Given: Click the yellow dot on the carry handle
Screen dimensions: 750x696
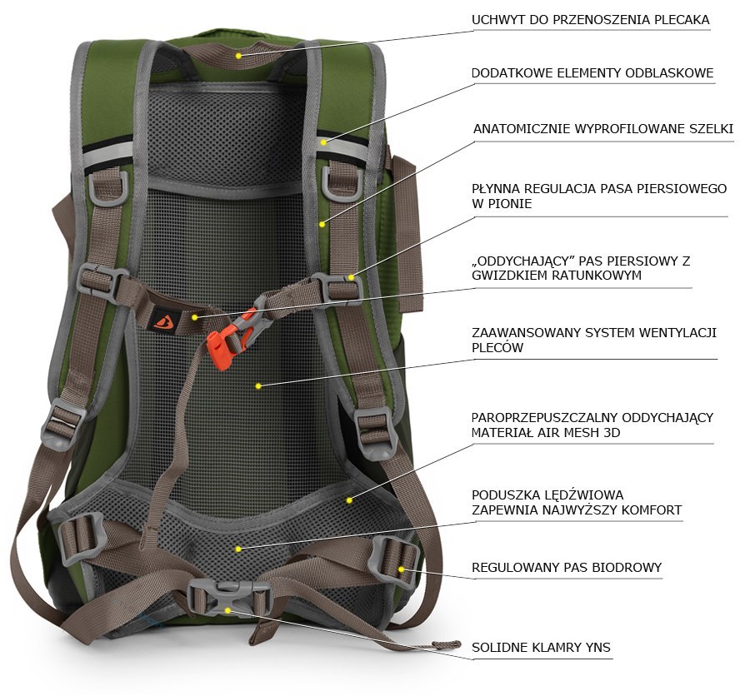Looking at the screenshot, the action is (238, 56).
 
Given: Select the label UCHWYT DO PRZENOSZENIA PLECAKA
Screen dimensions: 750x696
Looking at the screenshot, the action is (590, 20).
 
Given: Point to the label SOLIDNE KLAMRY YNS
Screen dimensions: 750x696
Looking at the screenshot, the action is (541, 647).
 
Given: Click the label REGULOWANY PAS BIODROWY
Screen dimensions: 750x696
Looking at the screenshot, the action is (567, 568).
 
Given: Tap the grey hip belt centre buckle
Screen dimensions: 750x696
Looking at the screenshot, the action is (228, 598).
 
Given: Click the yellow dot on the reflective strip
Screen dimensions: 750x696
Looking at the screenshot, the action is (324, 142).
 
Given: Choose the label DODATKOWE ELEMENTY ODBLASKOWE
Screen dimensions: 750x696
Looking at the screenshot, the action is (592, 72).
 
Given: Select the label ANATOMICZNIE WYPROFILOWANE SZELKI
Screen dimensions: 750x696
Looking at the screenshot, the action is (603, 128).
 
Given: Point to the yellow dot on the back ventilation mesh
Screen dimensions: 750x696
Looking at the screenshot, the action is (258, 385).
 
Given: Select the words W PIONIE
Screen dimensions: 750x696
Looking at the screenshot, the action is (502, 204).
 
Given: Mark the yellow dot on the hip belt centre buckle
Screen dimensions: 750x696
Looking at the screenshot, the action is (228, 610).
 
